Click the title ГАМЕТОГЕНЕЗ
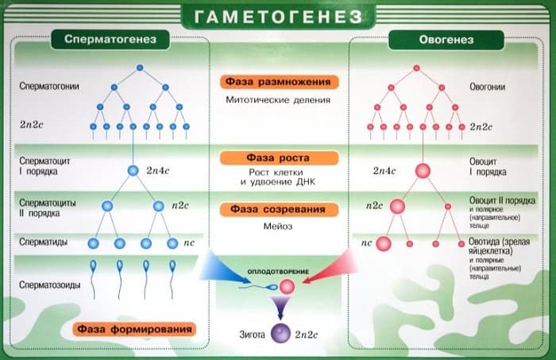(x=277, y=15)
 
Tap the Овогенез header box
(x=446, y=39)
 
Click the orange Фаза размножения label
(x=277, y=82)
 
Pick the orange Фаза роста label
(x=277, y=157)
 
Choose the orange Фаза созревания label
(x=277, y=210)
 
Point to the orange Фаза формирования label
(x=135, y=328)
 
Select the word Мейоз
(x=277, y=226)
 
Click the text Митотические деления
(x=277, y=100)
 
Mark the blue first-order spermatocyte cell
(x=133, y=170)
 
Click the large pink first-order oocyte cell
(x=423, y=170)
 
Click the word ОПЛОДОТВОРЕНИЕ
(x=278, y=270)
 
